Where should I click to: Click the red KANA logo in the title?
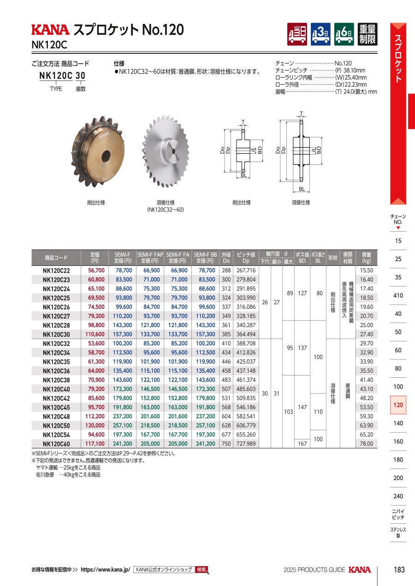(x=50, y=30)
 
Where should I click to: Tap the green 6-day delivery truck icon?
(x=344, y=34)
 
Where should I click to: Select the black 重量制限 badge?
(x=368, y=34)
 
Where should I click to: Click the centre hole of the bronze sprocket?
(x=107, y=156)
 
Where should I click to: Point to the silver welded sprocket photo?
(x=165, y=152)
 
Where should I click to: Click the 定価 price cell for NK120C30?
(x=95, y=334)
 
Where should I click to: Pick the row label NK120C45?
(x=56, y=407)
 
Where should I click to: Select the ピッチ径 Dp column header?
(x=246, y=258)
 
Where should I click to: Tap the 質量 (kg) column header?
(x=367, y=258)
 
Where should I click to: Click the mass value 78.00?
(x=367, y=444)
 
